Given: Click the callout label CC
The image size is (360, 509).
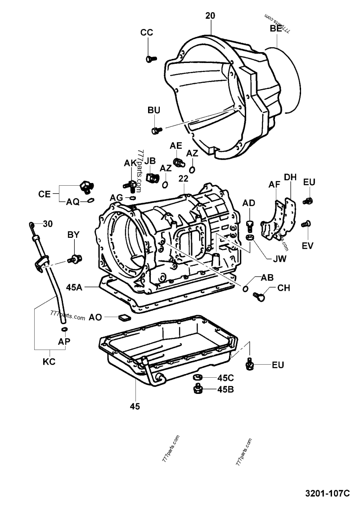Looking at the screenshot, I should pos(147,32).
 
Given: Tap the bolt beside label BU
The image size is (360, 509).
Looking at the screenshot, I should pos(156,130).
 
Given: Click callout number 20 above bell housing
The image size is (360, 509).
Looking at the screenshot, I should pos(210,16).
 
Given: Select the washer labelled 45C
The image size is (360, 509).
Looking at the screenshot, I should pos(197,378).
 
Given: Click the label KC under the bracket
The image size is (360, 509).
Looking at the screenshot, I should pos(50,361).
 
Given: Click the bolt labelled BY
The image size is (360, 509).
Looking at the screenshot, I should pos(75,259).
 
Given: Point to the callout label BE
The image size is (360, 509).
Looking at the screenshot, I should pos(276,29).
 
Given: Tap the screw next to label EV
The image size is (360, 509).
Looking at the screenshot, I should pos(307,223).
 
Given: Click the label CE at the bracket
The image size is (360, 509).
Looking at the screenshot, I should pos(45,194).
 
